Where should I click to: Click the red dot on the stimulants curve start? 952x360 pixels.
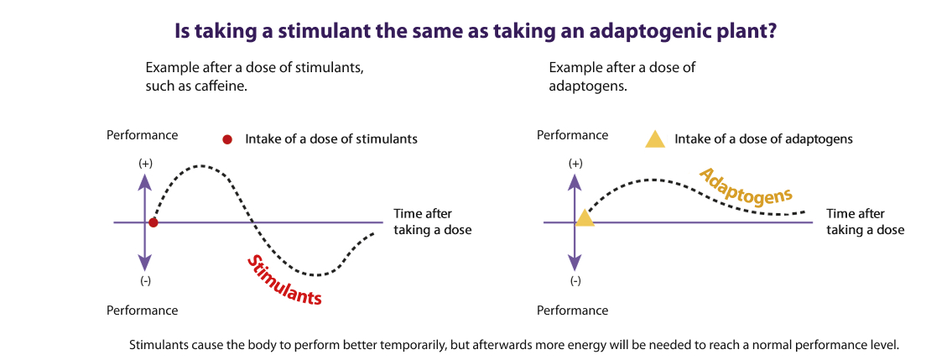coord(153,223)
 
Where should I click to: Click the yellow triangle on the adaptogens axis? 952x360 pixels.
coord(584,217)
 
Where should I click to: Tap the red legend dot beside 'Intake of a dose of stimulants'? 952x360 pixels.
coord(227,139)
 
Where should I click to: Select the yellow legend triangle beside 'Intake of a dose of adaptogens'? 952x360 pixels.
coord(656,138)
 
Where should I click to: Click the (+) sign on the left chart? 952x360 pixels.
coord(145,164)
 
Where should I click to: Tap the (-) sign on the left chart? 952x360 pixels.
coord(145,281)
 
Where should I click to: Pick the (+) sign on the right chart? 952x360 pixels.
coord(575,164)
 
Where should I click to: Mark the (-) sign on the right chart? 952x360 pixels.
coord(575,281)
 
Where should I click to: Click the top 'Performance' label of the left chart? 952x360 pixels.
coord(143,135)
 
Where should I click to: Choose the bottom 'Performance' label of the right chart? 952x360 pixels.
coord(573,310)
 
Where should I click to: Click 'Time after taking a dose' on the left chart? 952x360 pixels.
coord(432,222)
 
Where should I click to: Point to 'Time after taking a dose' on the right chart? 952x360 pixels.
coord(865,222)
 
